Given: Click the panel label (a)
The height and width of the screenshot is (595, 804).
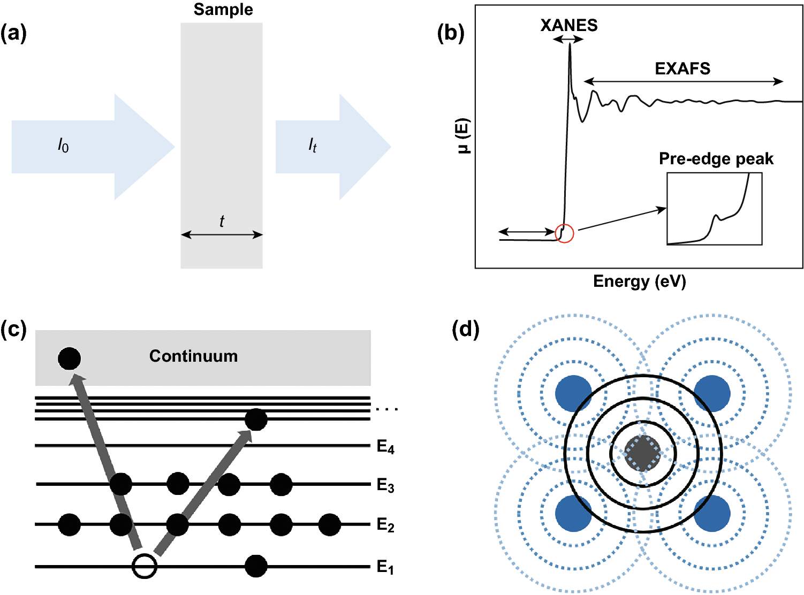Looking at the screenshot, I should (x=13, y=33).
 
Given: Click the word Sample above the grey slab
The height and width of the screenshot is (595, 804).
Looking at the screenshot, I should (x=223, y=10).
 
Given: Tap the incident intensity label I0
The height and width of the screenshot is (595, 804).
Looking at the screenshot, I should (x=63, y=145).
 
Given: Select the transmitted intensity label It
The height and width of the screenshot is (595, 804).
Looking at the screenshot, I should (x=313, y=145).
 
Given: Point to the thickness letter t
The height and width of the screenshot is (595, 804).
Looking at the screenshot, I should (x=222, y=221).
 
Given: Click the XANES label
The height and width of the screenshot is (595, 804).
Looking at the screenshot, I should (x=568, y=25).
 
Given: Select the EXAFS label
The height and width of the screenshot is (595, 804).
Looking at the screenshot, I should (x=682, y=68).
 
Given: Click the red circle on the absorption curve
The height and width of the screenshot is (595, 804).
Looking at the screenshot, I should (x=565, y=233).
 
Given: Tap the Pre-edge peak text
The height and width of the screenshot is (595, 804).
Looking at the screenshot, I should (x=716, y=159).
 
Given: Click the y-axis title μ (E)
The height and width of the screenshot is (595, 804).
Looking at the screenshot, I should (x=464, y=135).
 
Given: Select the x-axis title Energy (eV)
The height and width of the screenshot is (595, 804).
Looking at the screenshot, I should (x=639, y=281).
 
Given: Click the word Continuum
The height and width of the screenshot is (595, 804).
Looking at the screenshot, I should (x=193, y=356).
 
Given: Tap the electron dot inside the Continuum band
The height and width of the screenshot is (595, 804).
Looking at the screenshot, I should (x=69, y=358).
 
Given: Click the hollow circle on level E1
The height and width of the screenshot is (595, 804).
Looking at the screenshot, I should (x=145, y=566).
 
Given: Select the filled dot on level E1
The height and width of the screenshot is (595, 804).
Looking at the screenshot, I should (x=256, y=566).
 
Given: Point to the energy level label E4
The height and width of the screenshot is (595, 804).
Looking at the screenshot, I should (x=385, y=446).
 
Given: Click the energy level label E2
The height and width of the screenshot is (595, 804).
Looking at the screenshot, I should (x=385, y=525).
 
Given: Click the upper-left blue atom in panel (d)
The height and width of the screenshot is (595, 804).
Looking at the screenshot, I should (x=574, y=393).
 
